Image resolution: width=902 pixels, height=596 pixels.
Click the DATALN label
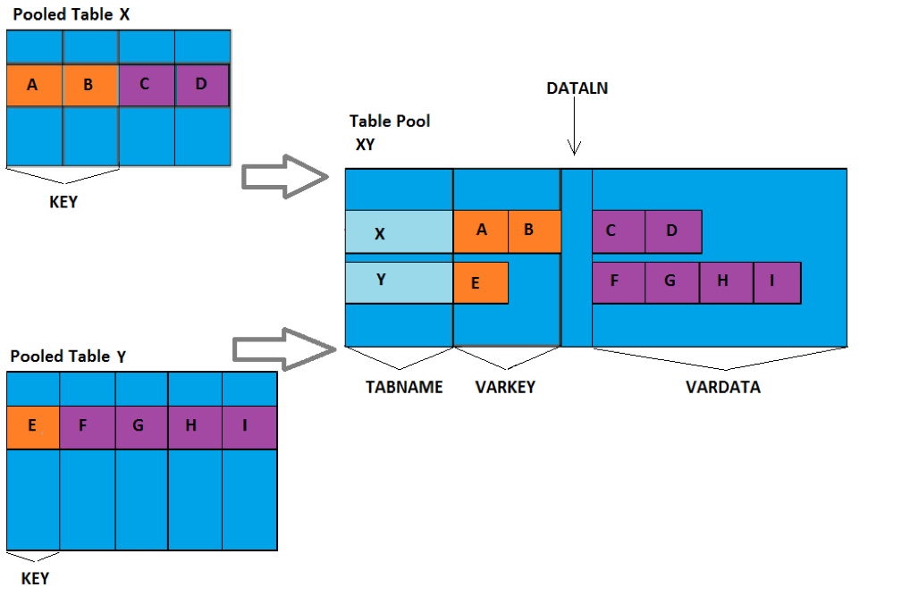click(x=577, y=88)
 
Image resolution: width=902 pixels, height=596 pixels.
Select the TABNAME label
click(x=404, y=387)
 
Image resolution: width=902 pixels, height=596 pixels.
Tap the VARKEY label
click(x=505, y=387)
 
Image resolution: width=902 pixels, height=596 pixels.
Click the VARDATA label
click(x=722, y=387)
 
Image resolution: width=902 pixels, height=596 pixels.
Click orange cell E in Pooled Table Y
click(x=32, y=426)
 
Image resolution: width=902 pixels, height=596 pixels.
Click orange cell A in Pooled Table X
click(x=34, y=86)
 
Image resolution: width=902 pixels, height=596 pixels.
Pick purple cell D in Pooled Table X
click(x=201, y=86)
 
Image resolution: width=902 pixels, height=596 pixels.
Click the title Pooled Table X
click(x=71, y=15)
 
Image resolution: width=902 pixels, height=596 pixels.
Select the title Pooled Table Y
click(x=68, y=357)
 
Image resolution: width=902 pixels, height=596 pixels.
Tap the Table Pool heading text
click(x=390, y=121)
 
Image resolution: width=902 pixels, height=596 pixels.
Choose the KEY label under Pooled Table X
click(x=63, y=202)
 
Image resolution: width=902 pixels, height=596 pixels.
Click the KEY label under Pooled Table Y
click(x=35, y=578)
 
